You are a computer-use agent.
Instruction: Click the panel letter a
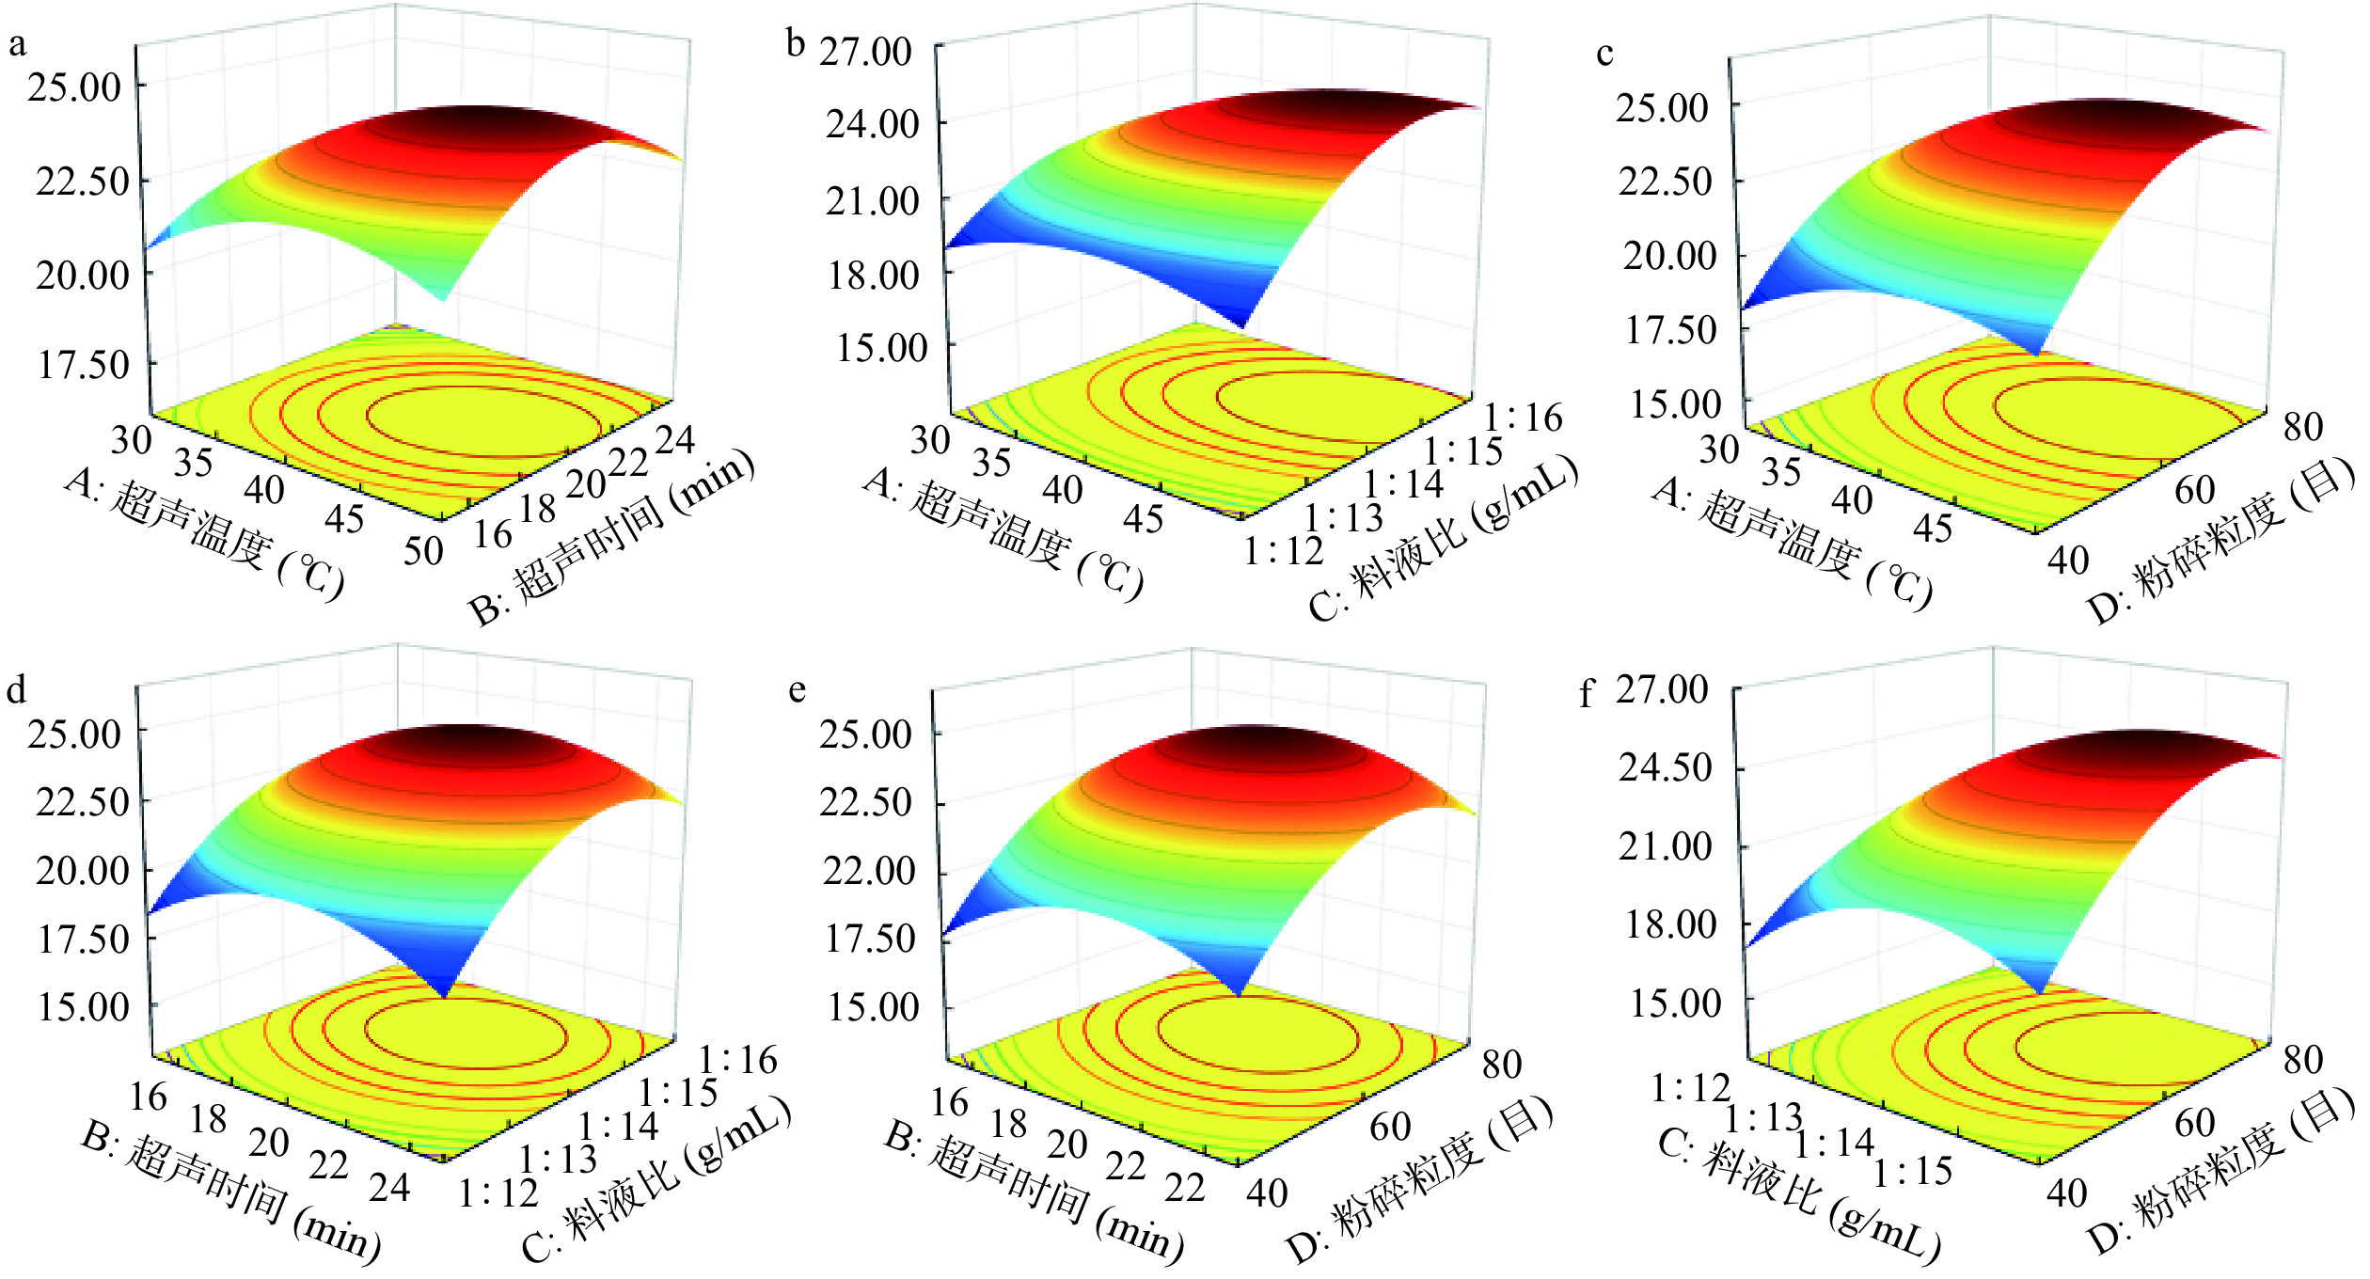coord(17,44)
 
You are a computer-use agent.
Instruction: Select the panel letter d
coord(16,691)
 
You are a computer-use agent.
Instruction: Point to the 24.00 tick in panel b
coord(872,123)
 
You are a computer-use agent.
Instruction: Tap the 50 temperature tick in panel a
coord(423,551)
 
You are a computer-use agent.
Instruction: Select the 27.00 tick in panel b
coord(865,51)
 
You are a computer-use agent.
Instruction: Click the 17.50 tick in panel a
coord(83,365)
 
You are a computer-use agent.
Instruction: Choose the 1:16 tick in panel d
coord(737,1061)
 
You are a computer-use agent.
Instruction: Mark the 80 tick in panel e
coord(1502,1065)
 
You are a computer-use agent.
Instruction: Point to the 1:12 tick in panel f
coord(1691,1088)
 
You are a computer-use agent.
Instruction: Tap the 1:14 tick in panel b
coord(1403,484)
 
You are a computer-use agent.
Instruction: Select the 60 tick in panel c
coord(2195,491)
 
